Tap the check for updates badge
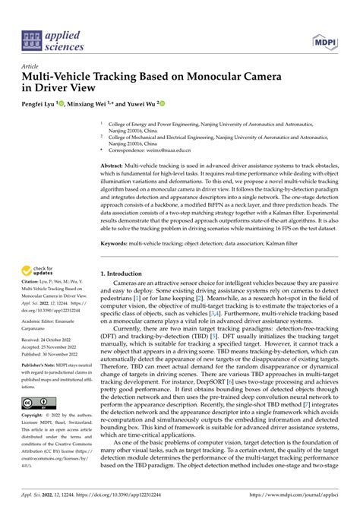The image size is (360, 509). [39, 270]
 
